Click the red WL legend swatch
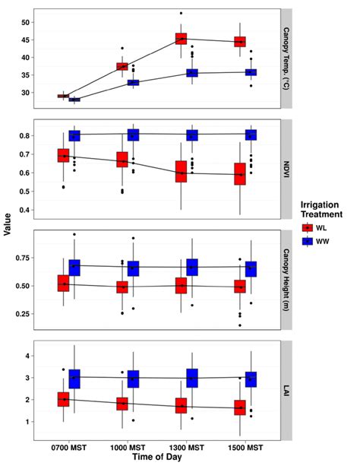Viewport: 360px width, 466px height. [307, 227]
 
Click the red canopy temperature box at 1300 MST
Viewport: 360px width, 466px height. [181, 38]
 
